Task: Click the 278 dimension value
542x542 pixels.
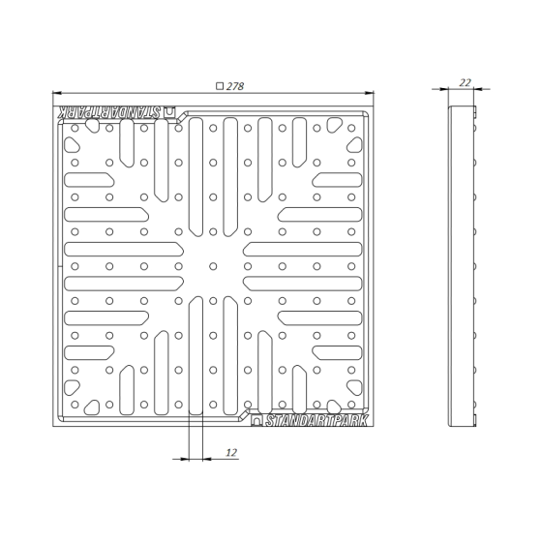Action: pyautogui.click(x=235, y=86)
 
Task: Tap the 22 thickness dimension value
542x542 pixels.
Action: pyautogui.click(x=465, y=82)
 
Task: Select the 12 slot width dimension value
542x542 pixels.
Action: pyautogui.click(x=231, y=453)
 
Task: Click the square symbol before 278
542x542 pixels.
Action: pyautogui.click(x=220, y=86)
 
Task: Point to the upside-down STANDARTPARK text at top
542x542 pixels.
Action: pyautogui.click(x=109, y=112)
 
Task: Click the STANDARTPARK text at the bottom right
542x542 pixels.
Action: pyautogui.click(x=316, y=421)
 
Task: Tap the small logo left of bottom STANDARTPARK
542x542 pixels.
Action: pyautogui.click(x=256, y=421)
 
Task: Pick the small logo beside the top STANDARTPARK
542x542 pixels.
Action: pyautogui.click(x=169, y=112)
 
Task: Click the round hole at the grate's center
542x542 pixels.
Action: pyautogui.click(x=213, y=266)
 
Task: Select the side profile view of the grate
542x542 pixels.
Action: pyautogui.click(x=463, y=266)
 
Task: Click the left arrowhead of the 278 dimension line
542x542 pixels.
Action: pyautogui.click(x=57, y=93)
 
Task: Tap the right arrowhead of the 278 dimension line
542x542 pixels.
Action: pyautogui.click(x=369, y=93)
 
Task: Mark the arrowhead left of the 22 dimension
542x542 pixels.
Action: pyautogui.click(x=444, y=89)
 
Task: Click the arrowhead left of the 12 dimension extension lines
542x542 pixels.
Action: pyautogui.click(x=185, y=459)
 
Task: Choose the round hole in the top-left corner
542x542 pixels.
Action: pyautogui.click(x=75, y=128)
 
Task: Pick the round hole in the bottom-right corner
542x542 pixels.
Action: pyautogui.click(x=351, y=405)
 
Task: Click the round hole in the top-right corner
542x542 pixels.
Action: pyautogui.click(x=351, y=128)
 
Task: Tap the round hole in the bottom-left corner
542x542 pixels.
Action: pyautogui.click(x=75, y=405)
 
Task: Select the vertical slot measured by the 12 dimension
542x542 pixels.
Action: pyautogui.click(x=196, y=355)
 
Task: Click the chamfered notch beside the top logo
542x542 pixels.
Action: pyautogui.click(x=182, y=117)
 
